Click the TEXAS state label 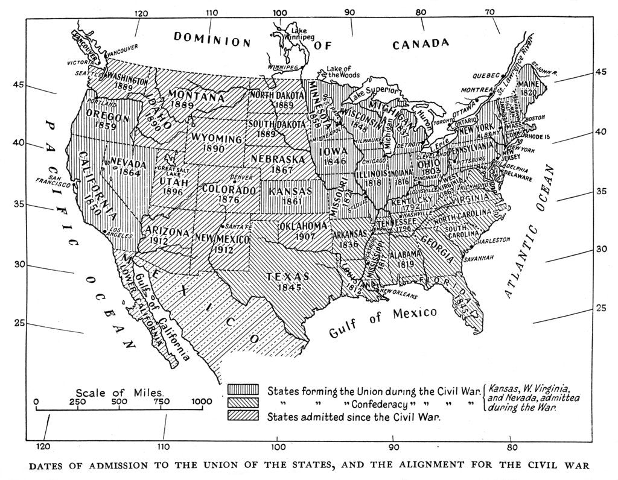pyautogui.click(x=288, y=276)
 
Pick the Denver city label pyautogui.click(x=242, y=178)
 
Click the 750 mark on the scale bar pyautogui.click(x=161, y=402)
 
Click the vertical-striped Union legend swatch pyautogui.click(x=243, y=389)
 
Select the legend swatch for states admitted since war pyautogui.click(x=243, y=415)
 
